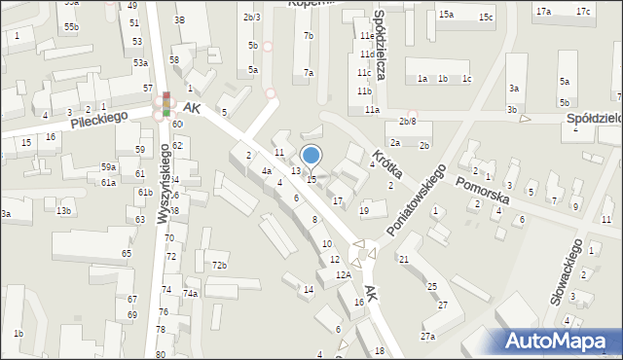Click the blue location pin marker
pyautogui.click(x=311, y=156)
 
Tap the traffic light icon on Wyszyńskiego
pyautogui.click(x=166, y=104)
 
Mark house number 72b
pyautogui.click(x=220, y=266)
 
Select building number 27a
pyautogui.click(x=427, y=337)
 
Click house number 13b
pyautogui.click(x=63, y=211)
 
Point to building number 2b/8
pyautogui.click(x=408, y=122)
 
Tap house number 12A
pyautogui.click(x=344, y=275)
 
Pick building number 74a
pyautogui.click(x=192, y=293)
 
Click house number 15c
pyautogui.click(x=486, y=18)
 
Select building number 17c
pyautogui.click(x=582, y=11)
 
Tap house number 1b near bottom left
pyautogui.click(x=18, y=334)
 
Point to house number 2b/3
pyautogui.click(x=251, y=18)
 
